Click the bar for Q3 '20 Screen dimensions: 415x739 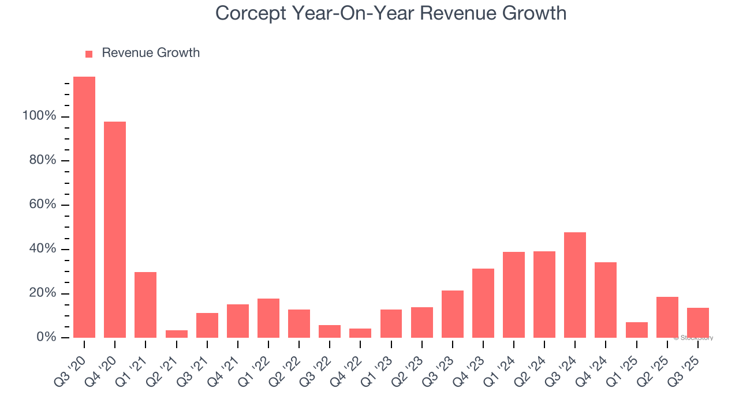coord(84,207)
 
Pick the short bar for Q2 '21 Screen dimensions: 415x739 coord(176,334)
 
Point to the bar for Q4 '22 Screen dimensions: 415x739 coord(360,333)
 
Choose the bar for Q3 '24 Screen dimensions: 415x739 coord(575,285)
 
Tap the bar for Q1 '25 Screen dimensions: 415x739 coord(637,330)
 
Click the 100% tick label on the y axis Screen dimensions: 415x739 coord(39,116)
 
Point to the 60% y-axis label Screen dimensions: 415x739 coord(43,205)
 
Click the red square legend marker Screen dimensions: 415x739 coord(89,54)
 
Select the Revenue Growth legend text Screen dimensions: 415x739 coord(151,53)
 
